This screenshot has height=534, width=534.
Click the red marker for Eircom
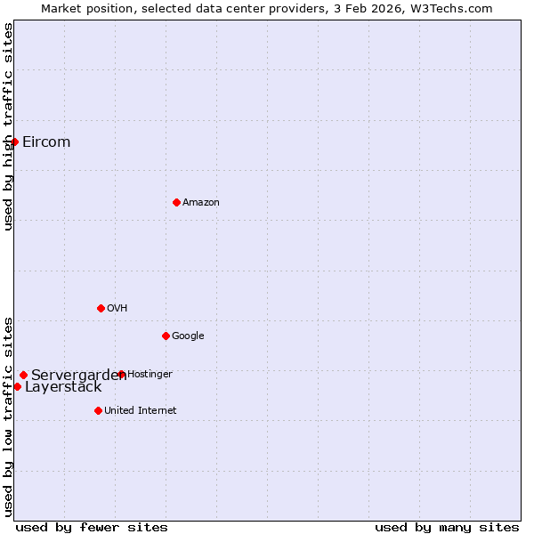coord(14,142)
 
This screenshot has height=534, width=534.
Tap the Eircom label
coord(46,142)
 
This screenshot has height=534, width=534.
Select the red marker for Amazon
coord(176,202)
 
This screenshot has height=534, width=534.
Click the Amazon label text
coord(201,203)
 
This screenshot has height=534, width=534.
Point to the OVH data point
coord(101,308)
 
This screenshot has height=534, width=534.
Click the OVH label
coord(117,309)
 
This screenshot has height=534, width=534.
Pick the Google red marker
coord(166,336)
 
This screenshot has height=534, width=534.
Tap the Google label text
coord(188,336)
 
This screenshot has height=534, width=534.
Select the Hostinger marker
coord(121,375)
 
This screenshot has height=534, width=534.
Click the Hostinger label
coord(150,375)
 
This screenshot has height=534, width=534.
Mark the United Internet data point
coord(98,410)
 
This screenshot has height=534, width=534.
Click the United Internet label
coord(141,411)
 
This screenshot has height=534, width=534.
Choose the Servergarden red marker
coord(23,375)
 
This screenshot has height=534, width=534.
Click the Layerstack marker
coord(17,386)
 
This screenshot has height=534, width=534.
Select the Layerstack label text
coord(63,387)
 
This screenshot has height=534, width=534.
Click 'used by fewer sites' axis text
coord(92,527)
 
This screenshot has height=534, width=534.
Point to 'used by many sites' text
coord(447,527)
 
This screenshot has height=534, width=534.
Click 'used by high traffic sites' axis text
coord(8,126)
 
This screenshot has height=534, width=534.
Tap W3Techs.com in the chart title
coord(457,8)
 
